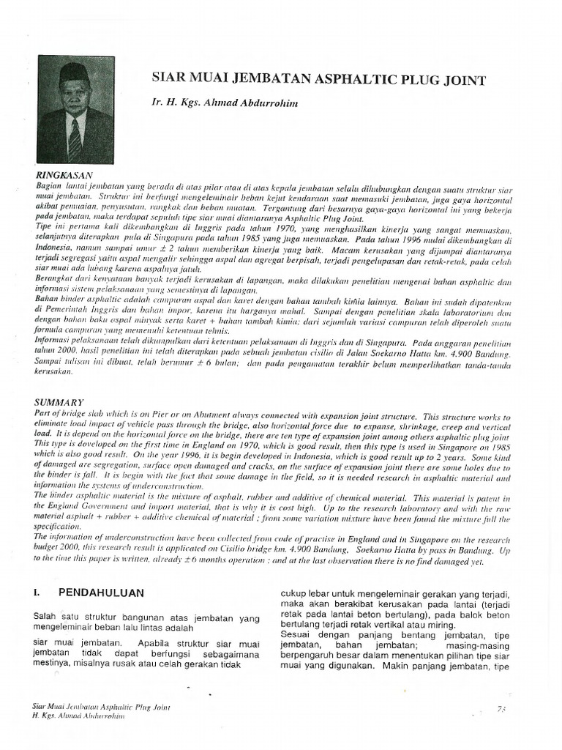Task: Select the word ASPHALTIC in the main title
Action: [349, 78]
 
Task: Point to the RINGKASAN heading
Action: [64, 176]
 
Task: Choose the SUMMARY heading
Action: [60, 402]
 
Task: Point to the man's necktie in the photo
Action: [75, 138]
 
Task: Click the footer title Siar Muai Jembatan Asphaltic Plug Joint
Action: [100, 707]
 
